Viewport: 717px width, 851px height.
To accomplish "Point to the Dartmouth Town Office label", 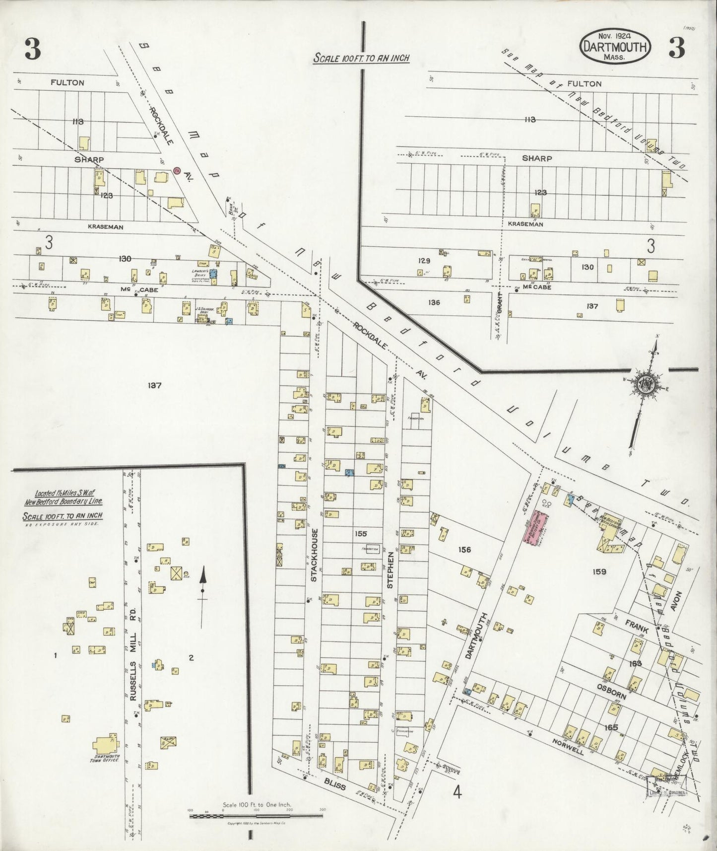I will (x=106, y=758).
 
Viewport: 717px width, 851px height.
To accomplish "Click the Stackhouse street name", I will (x=314, y=555).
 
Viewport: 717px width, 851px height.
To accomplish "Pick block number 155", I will (x=361, y=534).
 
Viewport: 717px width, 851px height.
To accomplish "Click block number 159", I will (x=599, y=571).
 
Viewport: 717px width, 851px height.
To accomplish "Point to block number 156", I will (x=464, y=550).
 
